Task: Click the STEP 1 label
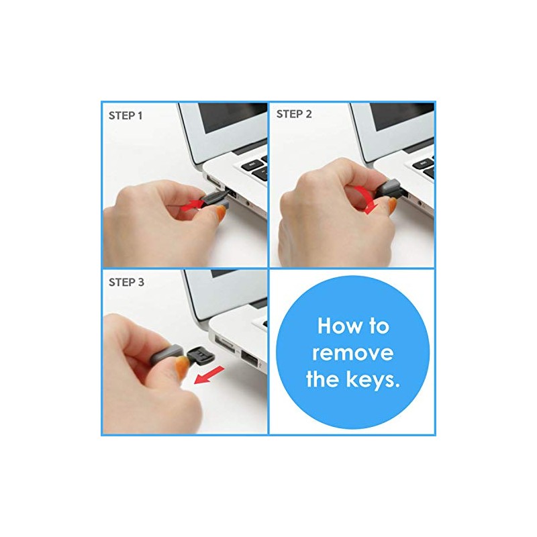coord(126,115)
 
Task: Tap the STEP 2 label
coord(294,114)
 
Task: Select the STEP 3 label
coord(126,282)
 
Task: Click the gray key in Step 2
coord(390,189)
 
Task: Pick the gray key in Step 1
coord(217,197)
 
